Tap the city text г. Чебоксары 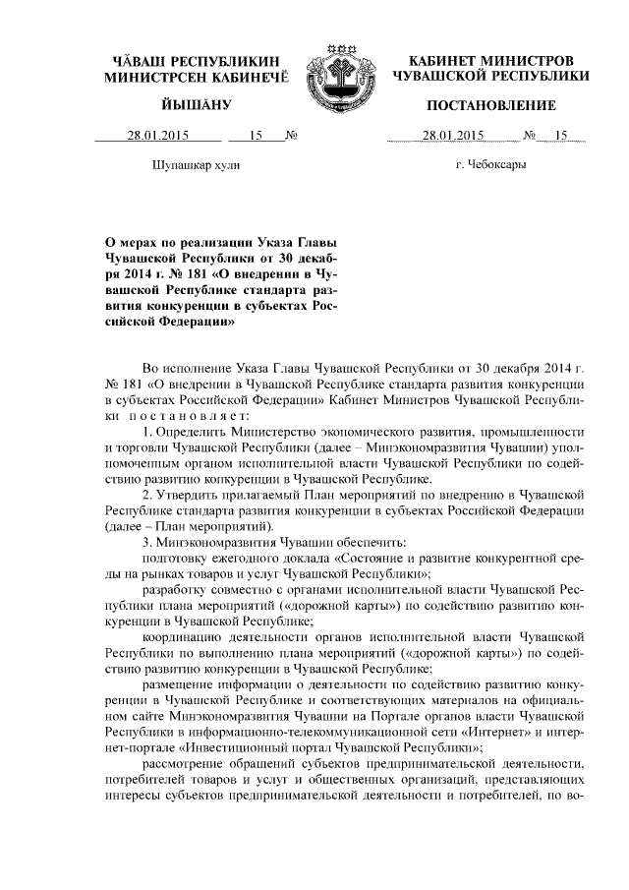point(490,165)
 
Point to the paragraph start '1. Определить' point(180,433)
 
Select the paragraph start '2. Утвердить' point(178,494)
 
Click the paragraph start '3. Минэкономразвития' point(204,540)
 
